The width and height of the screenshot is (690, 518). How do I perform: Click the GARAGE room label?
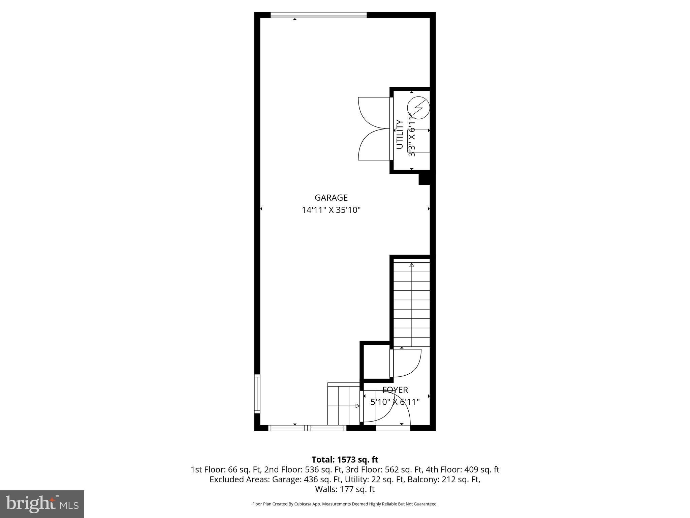coord(331,198)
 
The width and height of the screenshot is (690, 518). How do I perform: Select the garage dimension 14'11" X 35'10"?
coord(331,210)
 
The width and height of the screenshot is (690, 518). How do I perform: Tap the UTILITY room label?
coord(400,134)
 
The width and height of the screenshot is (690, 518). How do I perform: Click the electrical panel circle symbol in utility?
coord(418,108)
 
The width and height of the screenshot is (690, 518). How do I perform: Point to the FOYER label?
coord(395,390)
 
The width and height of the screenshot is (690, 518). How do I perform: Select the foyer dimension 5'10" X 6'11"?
coord(395,402)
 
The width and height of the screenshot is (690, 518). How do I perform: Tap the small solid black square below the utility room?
coord(424,179)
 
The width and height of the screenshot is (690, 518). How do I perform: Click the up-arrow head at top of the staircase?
coord(412,265)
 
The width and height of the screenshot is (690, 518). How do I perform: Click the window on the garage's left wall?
coord(257,394)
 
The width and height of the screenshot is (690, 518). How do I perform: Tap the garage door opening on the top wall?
coord(318,15)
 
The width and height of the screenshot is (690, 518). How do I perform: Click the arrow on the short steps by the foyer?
coord(357,406)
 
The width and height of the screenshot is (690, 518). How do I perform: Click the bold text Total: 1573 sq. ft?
coord(345,460)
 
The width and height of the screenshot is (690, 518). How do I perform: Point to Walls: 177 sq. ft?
coord(345,489)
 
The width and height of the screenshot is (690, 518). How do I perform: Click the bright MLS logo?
coord(42,504)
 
